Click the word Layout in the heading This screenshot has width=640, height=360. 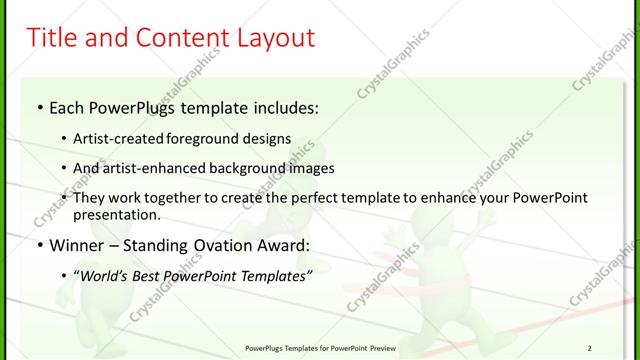(x=273, y=39)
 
